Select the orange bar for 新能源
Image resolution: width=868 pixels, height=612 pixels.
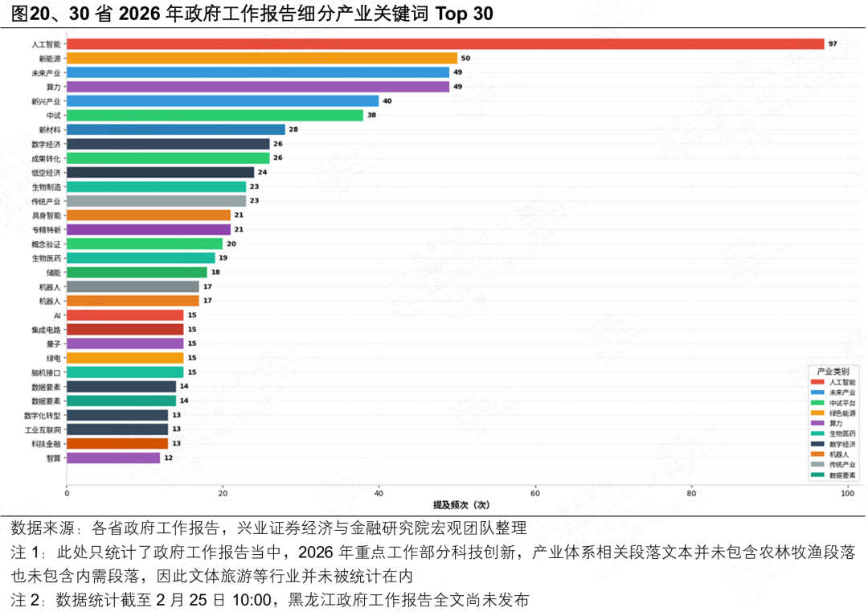[261, 58]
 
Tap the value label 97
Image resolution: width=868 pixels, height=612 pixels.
[833, 44]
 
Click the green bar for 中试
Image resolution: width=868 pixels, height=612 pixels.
[215, 115]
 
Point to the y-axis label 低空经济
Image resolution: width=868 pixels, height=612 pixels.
[46, 172]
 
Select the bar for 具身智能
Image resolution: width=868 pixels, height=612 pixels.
[148, 215]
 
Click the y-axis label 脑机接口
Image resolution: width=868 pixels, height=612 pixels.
[46, 372]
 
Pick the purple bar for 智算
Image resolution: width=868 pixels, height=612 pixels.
[113, 458]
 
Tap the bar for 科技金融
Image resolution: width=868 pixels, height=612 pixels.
[117, 443]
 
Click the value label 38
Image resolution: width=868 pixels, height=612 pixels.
[372, 115]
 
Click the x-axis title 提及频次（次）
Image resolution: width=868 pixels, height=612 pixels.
[461, 505]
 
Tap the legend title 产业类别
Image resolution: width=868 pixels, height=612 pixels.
[833, 372]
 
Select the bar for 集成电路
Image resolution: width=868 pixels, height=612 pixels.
[125, 329]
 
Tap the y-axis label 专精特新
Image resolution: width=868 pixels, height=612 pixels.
[46, 229]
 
